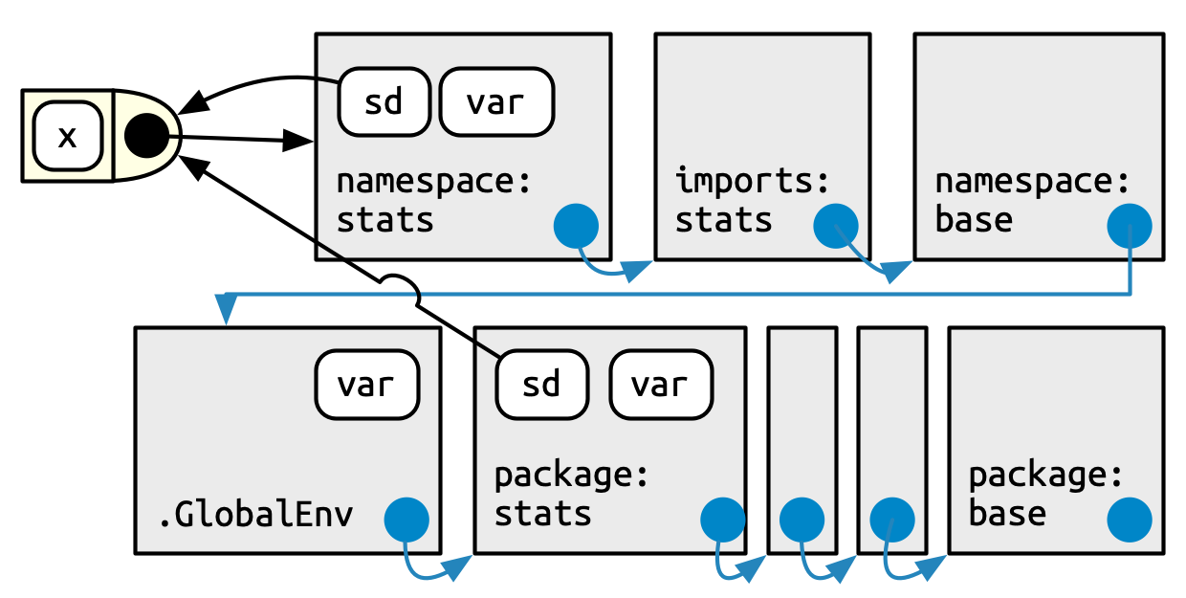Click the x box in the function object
(x=68, y=137)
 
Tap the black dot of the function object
(x=146, y=137)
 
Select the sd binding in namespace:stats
(x=384, y=101)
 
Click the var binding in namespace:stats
(x=496, y=101)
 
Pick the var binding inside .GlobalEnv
(x=367, y=385)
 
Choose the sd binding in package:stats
(x=541, y=385)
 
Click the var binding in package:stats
(x=661, y=385)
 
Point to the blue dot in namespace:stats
(x=576, y=227)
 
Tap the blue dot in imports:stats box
(x=835, y=227)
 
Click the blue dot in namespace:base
(x=1129, y=227)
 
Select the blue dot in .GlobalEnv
(x=406, y=520)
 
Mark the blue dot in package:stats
(x=722, y=520)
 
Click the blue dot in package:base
(x=1129, y=520)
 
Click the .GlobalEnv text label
(x=255, y=515)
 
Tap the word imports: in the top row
(x=752, y=180)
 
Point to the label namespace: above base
(x=1032, y=180)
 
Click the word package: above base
(x=1044, y=475)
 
